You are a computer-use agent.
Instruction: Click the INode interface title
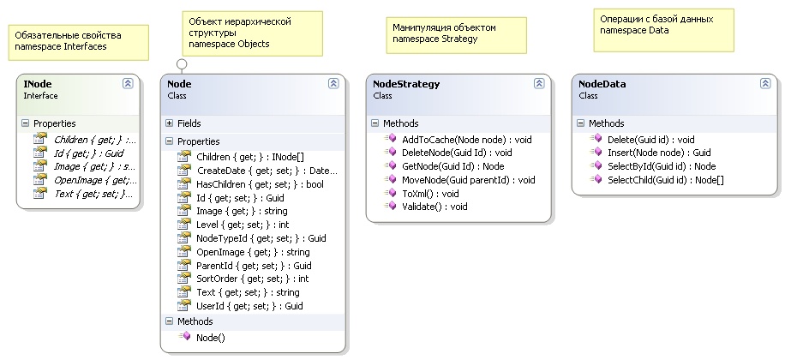pyautogui.click(x=36, y=84)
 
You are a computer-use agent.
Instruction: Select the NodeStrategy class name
pyautogui.click(x=406, y=84)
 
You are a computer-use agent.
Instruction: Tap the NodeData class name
pyautogui.click(x=602, y=84)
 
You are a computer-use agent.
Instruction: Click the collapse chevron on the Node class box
pyautogui.click(x=333, y=84)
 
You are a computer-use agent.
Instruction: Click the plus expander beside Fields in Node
pyautogui.click(x=170, y=123)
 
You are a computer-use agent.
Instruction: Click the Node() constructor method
pyautogui.click(x=210, y=338)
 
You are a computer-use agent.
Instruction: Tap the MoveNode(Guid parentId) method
pyautogui.click(x=468, y=180)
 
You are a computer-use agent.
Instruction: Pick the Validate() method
pyautogui.click(x=422, y=207)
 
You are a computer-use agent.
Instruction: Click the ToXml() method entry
pyautogui.click(x=418, y=194)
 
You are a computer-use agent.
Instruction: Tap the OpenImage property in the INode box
pyautogui.click(x=93, y=180)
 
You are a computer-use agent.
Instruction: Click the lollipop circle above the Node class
pyautogui.click(x=181, y=63)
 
